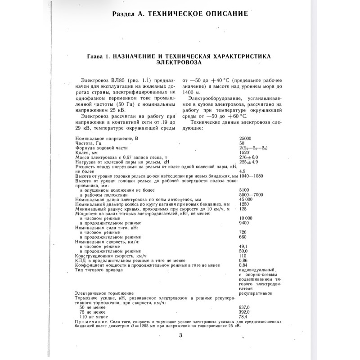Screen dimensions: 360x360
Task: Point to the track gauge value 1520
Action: tap(245, 152)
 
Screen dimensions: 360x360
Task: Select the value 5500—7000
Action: tap(251, 194)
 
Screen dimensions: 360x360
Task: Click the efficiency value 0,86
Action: tap(244, 261)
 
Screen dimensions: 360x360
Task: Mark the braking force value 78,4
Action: tap(244, 317)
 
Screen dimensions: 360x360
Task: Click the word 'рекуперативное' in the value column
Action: tap(255, 293)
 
